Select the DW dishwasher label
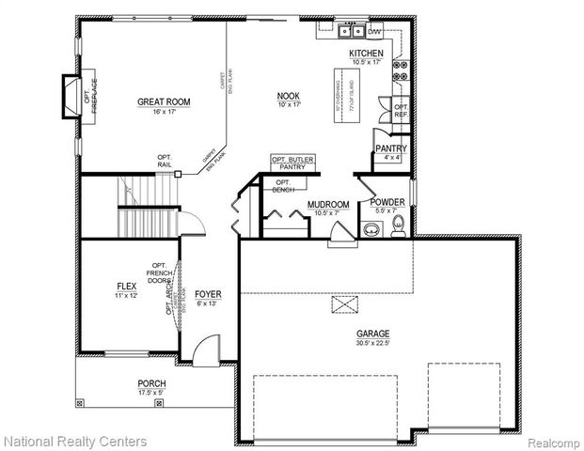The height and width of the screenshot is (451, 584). tap(374, 30)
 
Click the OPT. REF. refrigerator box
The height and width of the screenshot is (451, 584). tap(401, 111)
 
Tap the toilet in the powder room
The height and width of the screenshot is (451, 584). tap(398, 224)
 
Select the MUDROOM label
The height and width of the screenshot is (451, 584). tap(328, 204)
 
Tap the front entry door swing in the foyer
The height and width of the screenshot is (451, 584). tap(199, 353)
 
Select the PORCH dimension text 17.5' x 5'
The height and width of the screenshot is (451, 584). tap(150, 393)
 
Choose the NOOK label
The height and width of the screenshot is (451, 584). tap(288, 96)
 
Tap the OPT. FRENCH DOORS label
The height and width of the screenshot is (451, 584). tap(158, 273)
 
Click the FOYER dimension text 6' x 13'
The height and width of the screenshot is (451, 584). tap(208, 304)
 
